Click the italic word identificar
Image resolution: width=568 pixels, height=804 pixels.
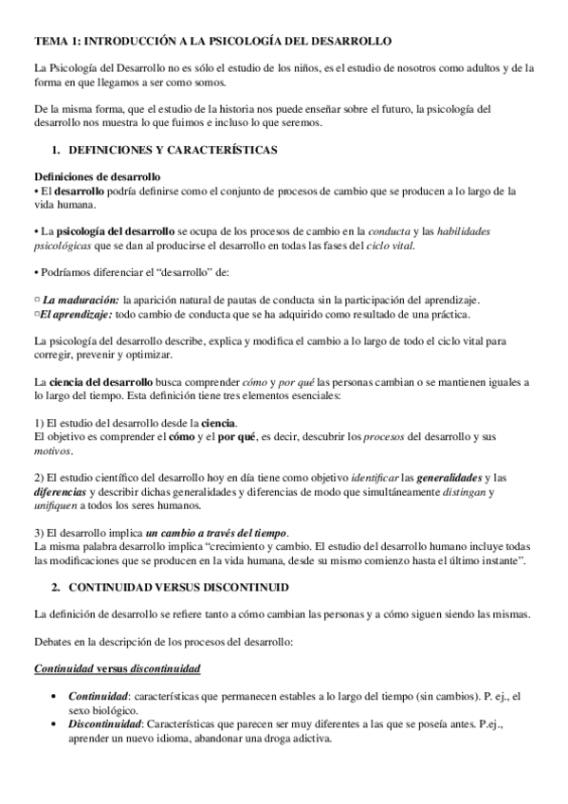pos(368,477)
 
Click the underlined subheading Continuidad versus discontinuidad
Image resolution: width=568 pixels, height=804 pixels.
pos(117,668)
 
